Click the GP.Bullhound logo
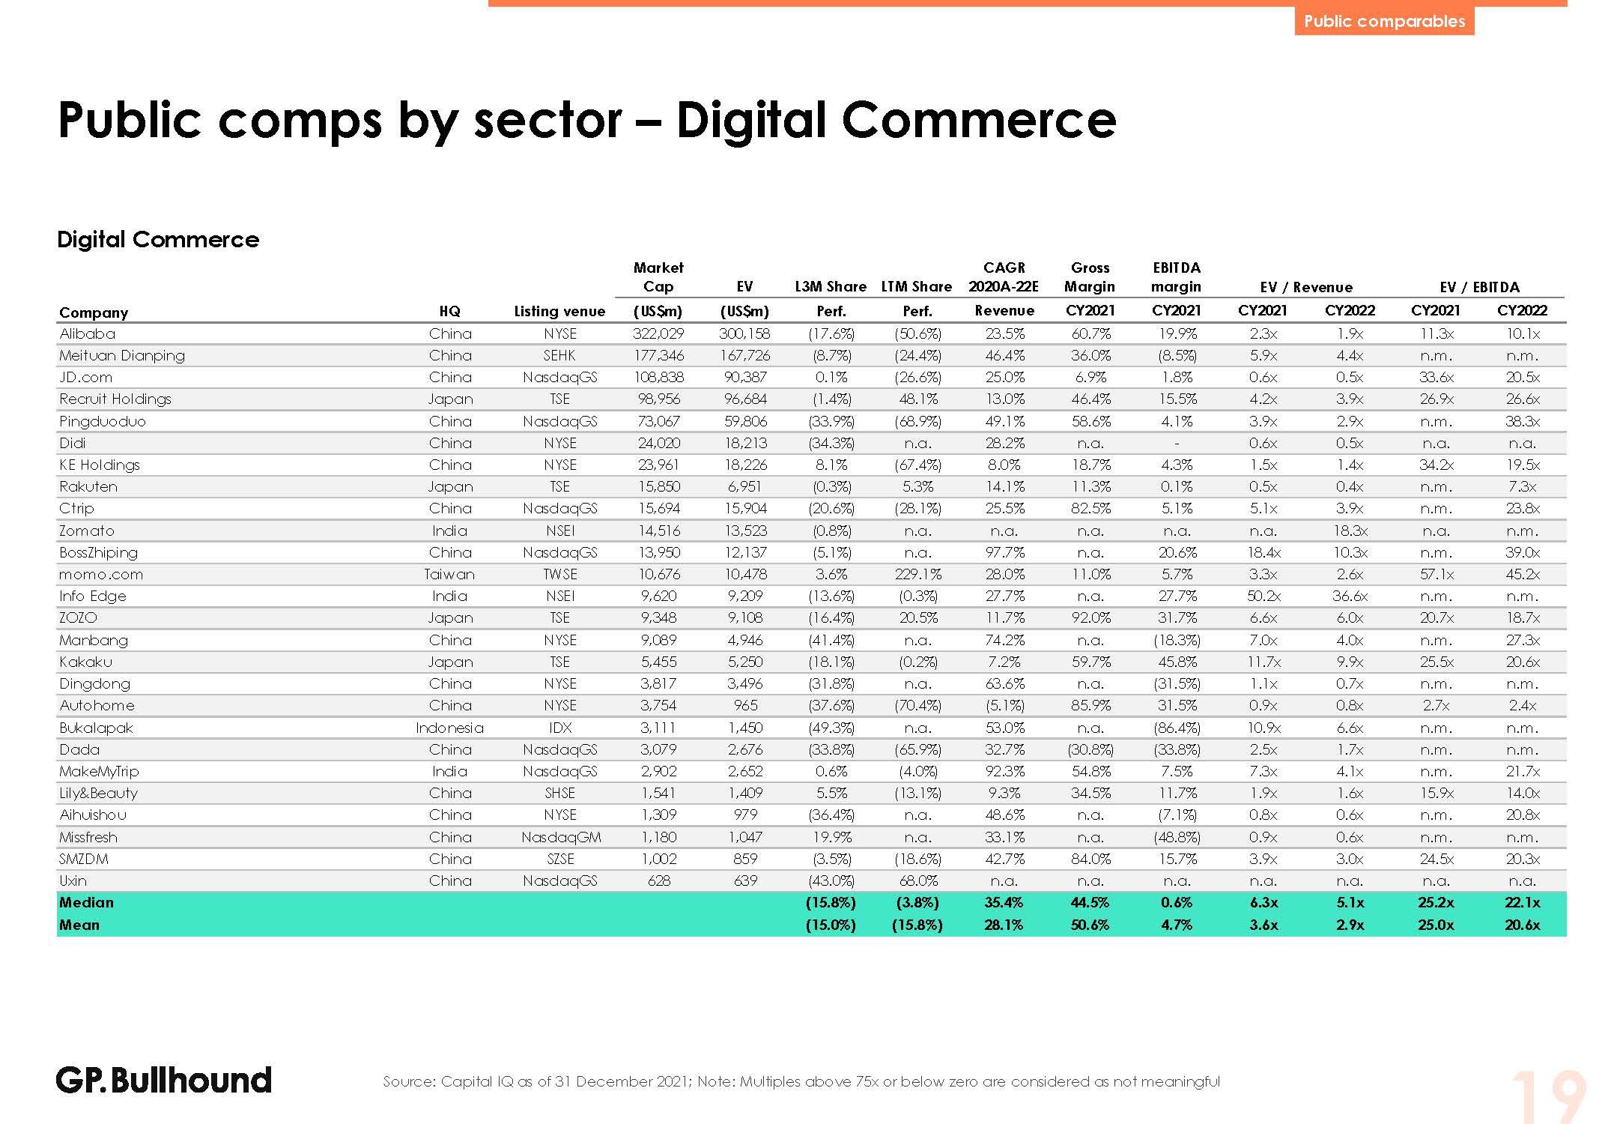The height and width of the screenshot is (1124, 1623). click(163, 1080)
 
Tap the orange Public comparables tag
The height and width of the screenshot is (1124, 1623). click(1383, 21)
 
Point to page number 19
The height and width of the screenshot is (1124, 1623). click(1547, 1098)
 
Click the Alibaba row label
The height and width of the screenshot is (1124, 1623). click(88, 333)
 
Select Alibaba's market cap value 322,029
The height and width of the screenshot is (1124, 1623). click(658, 333)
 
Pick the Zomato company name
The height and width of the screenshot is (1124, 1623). click(87, 531)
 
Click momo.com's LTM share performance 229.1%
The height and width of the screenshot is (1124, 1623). click(917, 574)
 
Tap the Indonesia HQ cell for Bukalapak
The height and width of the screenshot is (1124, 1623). click(449, 728)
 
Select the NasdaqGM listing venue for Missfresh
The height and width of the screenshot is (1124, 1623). click(560, 837)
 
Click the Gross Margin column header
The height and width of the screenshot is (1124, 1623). click(1090, 277)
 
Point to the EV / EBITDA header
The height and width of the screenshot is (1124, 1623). click(1479, 287)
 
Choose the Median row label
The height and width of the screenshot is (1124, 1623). click(87, 902)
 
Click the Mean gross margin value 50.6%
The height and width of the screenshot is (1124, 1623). click(1090, 925)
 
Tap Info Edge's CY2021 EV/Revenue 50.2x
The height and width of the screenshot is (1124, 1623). click(1263, 596)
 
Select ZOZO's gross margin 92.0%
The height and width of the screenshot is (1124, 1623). click(1090, 617)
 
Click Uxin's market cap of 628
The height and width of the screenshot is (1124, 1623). click(658, 880)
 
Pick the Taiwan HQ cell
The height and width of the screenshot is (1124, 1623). click(449, 574)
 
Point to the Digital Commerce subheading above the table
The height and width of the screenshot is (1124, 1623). click(158, 239)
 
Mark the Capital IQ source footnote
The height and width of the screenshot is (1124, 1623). click(801, 1081)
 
